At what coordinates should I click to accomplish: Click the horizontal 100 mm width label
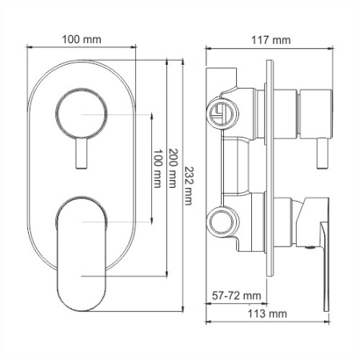(x=82, y=38)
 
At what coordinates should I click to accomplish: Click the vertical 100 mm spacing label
(x=158, y=169)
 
